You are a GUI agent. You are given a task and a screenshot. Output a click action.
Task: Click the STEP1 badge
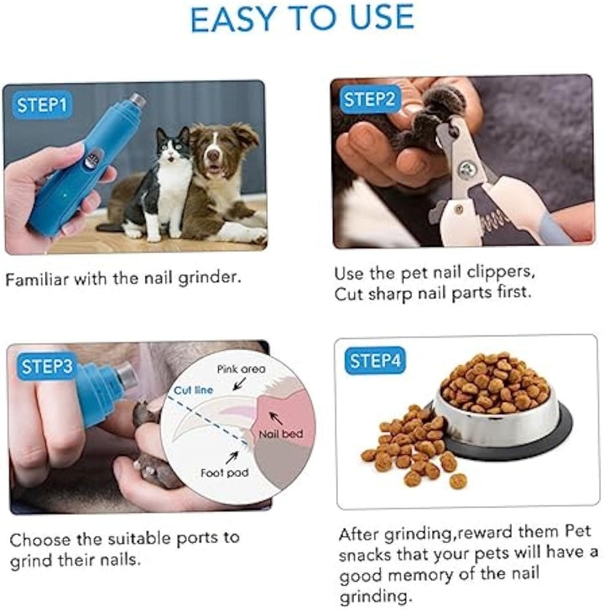click(42, 106)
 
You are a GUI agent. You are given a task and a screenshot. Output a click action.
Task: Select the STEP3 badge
click(47, 366)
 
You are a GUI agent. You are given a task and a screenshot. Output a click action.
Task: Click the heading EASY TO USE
click(302, 18)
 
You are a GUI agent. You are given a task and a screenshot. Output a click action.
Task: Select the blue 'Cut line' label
click(193, 390)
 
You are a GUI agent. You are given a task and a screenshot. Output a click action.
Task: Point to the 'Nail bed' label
click(281, 435)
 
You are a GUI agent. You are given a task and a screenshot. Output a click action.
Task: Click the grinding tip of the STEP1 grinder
click(136, 102)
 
